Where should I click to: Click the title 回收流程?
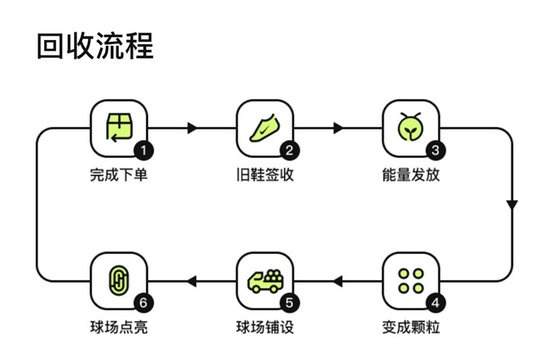(95, 46)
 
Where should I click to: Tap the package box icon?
(119, 127)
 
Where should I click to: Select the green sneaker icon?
(265, 128)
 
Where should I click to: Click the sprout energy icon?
(410, 127)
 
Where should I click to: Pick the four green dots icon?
(411, 281)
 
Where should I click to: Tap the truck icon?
(265, 281)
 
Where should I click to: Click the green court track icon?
(119, 280)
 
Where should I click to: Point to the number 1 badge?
(143, 151)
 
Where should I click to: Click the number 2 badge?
(290, 151)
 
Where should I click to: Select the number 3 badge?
(436, 151)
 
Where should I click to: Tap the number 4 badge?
(436, 303)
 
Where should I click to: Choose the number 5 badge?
(290, 303)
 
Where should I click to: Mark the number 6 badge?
(143, 303)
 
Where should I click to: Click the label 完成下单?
(119, 175)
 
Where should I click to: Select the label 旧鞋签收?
(265, 175)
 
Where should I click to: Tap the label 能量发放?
(411, 175)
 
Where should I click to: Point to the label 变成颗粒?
(411, 327)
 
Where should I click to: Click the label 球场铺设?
(265, 327)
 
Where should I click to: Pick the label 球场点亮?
(119, 327)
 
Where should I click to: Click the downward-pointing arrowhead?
(512, 205)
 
